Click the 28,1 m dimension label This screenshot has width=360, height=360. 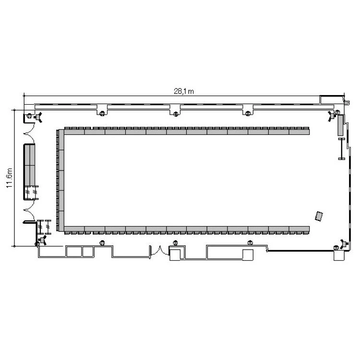point(184,91)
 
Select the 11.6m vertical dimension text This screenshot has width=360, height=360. point(10,178)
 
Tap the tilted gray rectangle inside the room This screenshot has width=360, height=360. point(319,216)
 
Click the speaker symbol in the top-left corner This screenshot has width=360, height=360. point(37,117)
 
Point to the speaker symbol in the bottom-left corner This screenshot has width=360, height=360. point(42,240)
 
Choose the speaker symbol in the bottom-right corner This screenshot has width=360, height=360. point(344,243)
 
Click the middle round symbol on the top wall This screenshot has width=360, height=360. point(176,114)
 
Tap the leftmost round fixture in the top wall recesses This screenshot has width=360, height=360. point(102,113)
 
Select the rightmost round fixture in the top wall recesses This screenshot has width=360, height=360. point(248,113)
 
